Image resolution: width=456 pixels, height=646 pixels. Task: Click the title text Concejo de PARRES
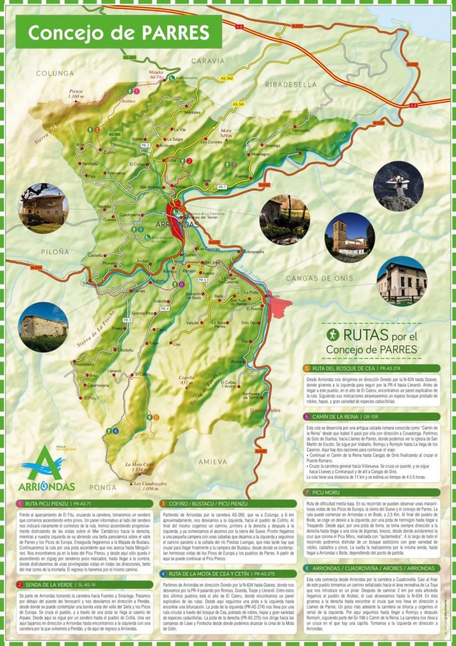(118, 33)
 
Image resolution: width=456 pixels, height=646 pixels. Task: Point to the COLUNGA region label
(54, 73)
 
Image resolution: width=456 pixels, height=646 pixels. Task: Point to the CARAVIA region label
(208, 61)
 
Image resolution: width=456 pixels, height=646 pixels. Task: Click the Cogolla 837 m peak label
(186, 380)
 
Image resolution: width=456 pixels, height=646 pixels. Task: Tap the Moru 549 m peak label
(225, 133)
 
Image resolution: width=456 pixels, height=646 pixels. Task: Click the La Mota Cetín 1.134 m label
(140, 467)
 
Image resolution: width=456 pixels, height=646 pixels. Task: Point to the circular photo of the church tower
(349, 237)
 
